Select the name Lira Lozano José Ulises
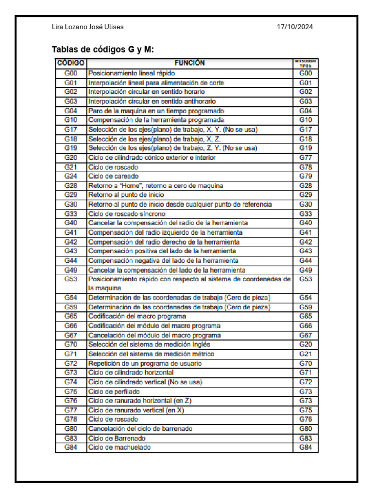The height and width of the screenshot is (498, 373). [87, 27]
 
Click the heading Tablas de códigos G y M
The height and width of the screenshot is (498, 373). [102, 50]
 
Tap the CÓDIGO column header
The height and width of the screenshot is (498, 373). [71, 63]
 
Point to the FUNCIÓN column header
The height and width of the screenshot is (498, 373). [189, 63]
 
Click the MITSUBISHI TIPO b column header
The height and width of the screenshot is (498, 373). [305, 63]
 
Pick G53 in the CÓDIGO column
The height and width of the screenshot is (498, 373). [71, 279]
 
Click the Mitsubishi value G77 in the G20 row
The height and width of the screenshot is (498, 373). [305, 158]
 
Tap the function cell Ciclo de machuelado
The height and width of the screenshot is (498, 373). [119, 447]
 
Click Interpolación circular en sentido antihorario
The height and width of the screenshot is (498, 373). [152, 101]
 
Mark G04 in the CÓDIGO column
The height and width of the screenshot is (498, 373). [71, 110]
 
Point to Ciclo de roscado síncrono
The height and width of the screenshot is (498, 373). [126, 213]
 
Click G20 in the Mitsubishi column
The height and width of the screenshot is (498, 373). [305, 344]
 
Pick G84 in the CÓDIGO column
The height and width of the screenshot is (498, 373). [71, 447]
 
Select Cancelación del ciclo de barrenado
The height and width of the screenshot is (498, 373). [140, 428]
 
